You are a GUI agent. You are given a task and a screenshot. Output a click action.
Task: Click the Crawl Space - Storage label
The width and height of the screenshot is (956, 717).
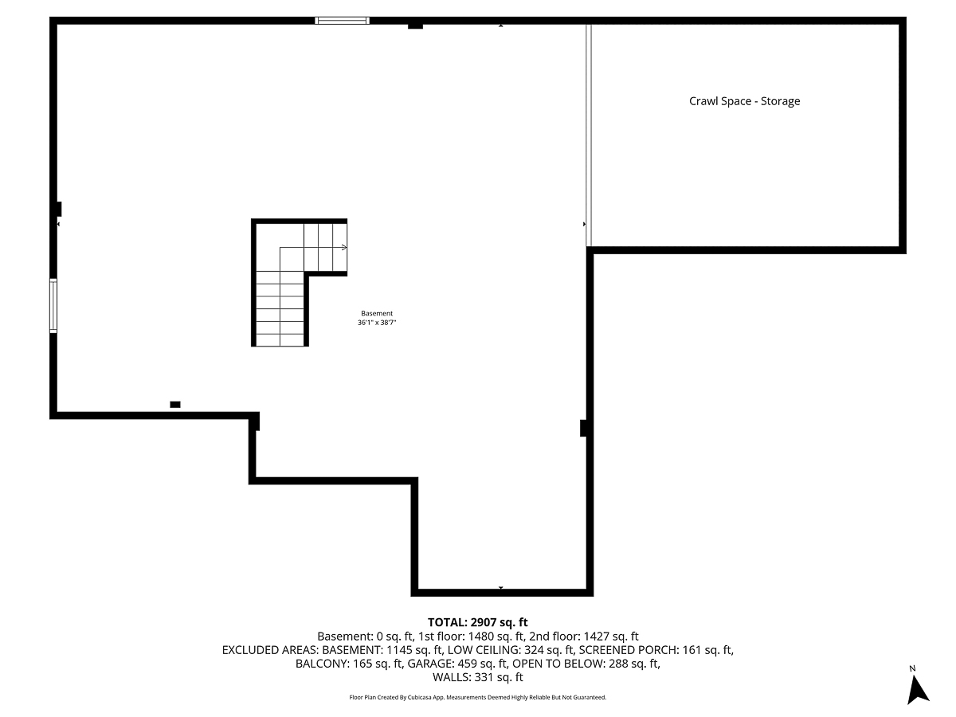744,101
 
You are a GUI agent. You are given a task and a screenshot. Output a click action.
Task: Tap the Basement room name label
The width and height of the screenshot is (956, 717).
377,313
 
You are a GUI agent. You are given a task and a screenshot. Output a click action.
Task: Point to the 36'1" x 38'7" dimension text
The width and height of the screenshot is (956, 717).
377,323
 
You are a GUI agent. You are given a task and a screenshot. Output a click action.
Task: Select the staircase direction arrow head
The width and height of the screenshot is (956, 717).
344,248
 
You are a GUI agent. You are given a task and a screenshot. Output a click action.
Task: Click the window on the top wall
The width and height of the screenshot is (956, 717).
343,21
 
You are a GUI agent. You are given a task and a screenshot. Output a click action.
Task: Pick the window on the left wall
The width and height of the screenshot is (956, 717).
53,305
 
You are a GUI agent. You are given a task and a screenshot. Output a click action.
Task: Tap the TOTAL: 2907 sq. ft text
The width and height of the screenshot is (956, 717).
478,622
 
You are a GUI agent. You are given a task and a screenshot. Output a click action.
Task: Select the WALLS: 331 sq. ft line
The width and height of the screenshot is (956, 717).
478,678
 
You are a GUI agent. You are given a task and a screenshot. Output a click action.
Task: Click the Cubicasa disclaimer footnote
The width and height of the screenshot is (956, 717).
478,697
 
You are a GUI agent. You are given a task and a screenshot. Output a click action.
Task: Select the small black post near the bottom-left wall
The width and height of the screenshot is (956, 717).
175,405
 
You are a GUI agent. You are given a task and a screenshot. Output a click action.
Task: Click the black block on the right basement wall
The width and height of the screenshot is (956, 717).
584,428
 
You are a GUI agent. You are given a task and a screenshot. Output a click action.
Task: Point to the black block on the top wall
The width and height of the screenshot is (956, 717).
415,25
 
